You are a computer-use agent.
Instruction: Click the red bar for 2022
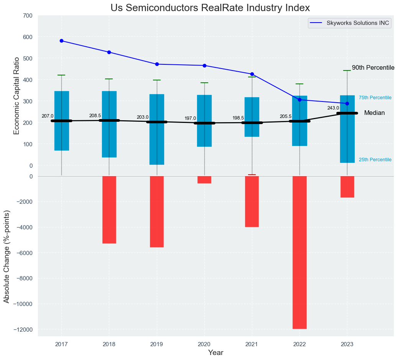[x=299, y=252]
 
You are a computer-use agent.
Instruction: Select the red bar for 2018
[x=109, y=209]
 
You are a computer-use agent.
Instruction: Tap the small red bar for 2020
[x=204, y=180]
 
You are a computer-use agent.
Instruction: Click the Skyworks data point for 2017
[x=61, y=41]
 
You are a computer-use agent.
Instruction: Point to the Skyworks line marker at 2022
[x=299, y=100]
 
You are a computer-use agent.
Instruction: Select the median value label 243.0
[x=333, y=108]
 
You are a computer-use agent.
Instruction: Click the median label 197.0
[x=190, y=119]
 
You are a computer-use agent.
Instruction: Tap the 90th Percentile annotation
[x=373, y=68]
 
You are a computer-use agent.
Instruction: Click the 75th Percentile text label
[x=375, y=98]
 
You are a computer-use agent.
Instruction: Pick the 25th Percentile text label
[x=375, y=160]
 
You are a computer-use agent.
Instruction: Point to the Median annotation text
[x=374, y=113]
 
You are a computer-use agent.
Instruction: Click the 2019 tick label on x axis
[x=156, y=344]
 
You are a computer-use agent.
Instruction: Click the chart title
[x=210, y=8]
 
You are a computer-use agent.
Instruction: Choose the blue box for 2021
[x=252, y=117]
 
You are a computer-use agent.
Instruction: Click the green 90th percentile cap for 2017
[x=61, y=75]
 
